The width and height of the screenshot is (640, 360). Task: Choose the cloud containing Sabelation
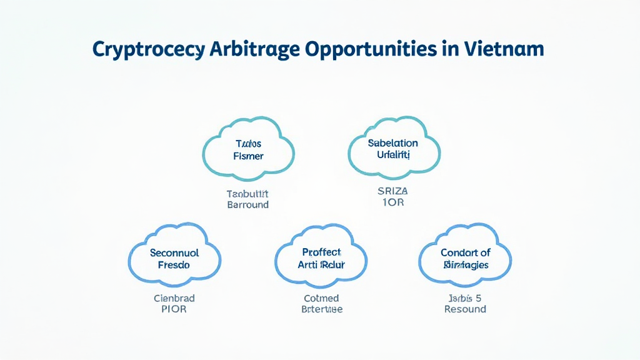393,148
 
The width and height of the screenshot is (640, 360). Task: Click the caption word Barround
248,204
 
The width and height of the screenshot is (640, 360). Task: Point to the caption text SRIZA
392,191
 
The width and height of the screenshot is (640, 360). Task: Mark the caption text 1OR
392,203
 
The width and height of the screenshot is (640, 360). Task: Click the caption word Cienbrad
174,297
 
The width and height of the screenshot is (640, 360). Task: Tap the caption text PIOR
174,309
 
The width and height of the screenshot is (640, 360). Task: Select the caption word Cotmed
321,297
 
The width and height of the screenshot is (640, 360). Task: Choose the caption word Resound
465,309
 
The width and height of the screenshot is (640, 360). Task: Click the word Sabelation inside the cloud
393,142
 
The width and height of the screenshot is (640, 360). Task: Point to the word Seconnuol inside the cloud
174,253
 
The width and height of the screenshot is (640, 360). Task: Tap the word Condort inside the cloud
455,253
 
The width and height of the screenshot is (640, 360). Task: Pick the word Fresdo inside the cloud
174,265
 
